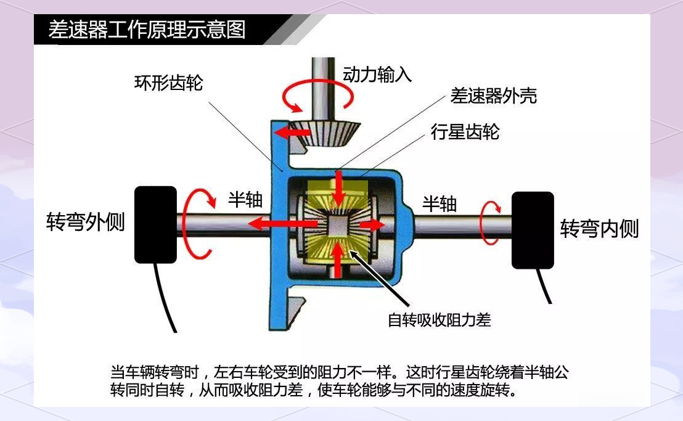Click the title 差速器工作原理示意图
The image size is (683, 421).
[147, 30]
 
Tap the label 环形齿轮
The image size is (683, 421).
[168, 83]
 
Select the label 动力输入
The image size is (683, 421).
[377, 75]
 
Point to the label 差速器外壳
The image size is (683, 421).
[494, 96]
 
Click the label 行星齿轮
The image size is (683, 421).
[465, 131]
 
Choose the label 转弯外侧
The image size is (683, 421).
[85, 222]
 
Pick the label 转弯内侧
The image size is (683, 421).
[599, 229]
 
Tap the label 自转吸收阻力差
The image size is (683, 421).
[439, 320]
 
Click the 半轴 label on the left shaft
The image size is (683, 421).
[245, 199]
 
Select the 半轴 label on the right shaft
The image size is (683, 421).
[440, 204]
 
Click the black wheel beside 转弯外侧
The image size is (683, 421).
[155, 224]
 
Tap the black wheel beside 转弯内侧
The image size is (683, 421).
[533, 231]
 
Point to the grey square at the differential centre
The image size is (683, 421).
[337, 225]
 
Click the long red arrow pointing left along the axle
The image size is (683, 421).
[282, 224]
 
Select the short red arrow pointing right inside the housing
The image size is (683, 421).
[372, 225]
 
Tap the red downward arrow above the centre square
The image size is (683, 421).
[338, 189]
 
